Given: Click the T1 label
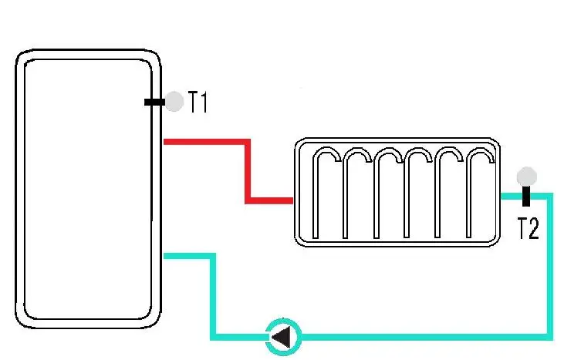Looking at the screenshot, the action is point(199,103).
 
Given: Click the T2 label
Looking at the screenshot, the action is point(528,229).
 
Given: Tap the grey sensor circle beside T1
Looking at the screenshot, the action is point(175,101).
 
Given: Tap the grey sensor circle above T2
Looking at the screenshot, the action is point(527,176).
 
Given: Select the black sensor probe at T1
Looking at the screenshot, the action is point(154,102).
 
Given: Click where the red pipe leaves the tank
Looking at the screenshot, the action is point(166,141).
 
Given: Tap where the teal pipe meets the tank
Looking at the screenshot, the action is point(166,256).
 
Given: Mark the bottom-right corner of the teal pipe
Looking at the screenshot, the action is point(550,336).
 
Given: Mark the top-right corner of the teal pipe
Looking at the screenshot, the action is point(550,196).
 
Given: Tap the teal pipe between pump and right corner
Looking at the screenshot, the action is point(424,337).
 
